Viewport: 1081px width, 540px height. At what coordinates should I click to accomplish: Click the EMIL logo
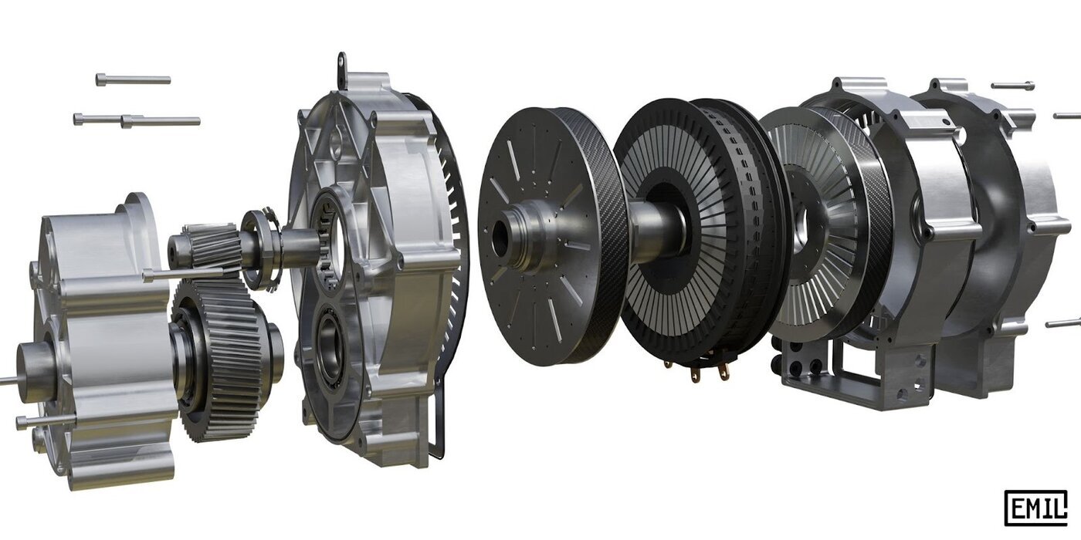[x=1035, y=508]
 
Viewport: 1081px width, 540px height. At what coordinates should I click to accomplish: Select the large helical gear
[x=220, y=359]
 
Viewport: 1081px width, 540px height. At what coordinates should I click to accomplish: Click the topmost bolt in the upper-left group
[x=133, y=79]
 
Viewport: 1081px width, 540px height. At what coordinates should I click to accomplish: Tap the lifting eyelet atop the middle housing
[x=341, y=65]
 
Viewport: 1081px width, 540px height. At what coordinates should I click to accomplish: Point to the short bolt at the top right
[x=1012, y=86]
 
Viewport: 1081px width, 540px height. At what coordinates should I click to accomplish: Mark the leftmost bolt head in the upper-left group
[x=80, y=119]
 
